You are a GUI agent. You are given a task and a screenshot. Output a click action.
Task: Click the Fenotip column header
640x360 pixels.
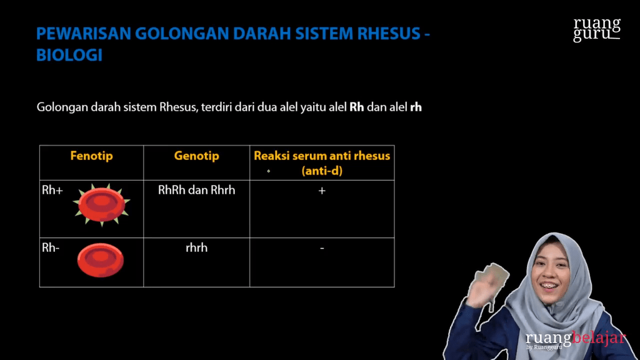click(x=91, y=156)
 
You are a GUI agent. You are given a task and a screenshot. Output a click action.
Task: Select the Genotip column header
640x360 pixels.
click(x=196, y=156)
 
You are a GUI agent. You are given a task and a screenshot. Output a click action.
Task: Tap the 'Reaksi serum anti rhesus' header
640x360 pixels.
click(x=322, y=156)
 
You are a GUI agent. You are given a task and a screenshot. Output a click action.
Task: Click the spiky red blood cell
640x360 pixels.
click(x=101, y=203)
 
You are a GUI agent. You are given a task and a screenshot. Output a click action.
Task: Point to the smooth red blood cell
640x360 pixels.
click(x=100, y=260)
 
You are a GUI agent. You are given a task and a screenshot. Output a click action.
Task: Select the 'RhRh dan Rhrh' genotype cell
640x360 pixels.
click(x=196, y=190)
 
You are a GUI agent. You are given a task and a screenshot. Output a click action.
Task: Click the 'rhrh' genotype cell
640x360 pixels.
click(x=196, y=247)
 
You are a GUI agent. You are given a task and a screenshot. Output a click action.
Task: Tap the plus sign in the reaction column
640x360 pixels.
click(x=322, y=191)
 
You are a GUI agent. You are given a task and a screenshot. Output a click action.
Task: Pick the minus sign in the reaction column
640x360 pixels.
click(x=322, y=248)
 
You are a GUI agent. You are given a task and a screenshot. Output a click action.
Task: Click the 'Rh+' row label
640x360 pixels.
click(x=52, y=191)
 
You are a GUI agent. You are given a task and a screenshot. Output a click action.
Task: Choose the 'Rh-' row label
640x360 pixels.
click(x=51, y=248)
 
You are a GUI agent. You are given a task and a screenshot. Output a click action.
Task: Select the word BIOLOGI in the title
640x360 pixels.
click(x=69, y=55)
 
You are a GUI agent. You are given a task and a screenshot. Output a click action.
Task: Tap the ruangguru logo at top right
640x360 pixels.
click(x=597, y=29)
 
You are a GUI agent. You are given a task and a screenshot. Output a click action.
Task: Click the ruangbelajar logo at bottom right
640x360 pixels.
click(x=575, y=339)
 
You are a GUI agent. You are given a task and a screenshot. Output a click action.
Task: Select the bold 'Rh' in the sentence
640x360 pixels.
click(x=357, y=107)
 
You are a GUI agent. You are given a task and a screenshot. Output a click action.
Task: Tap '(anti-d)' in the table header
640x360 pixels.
click(x=322, y=170)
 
